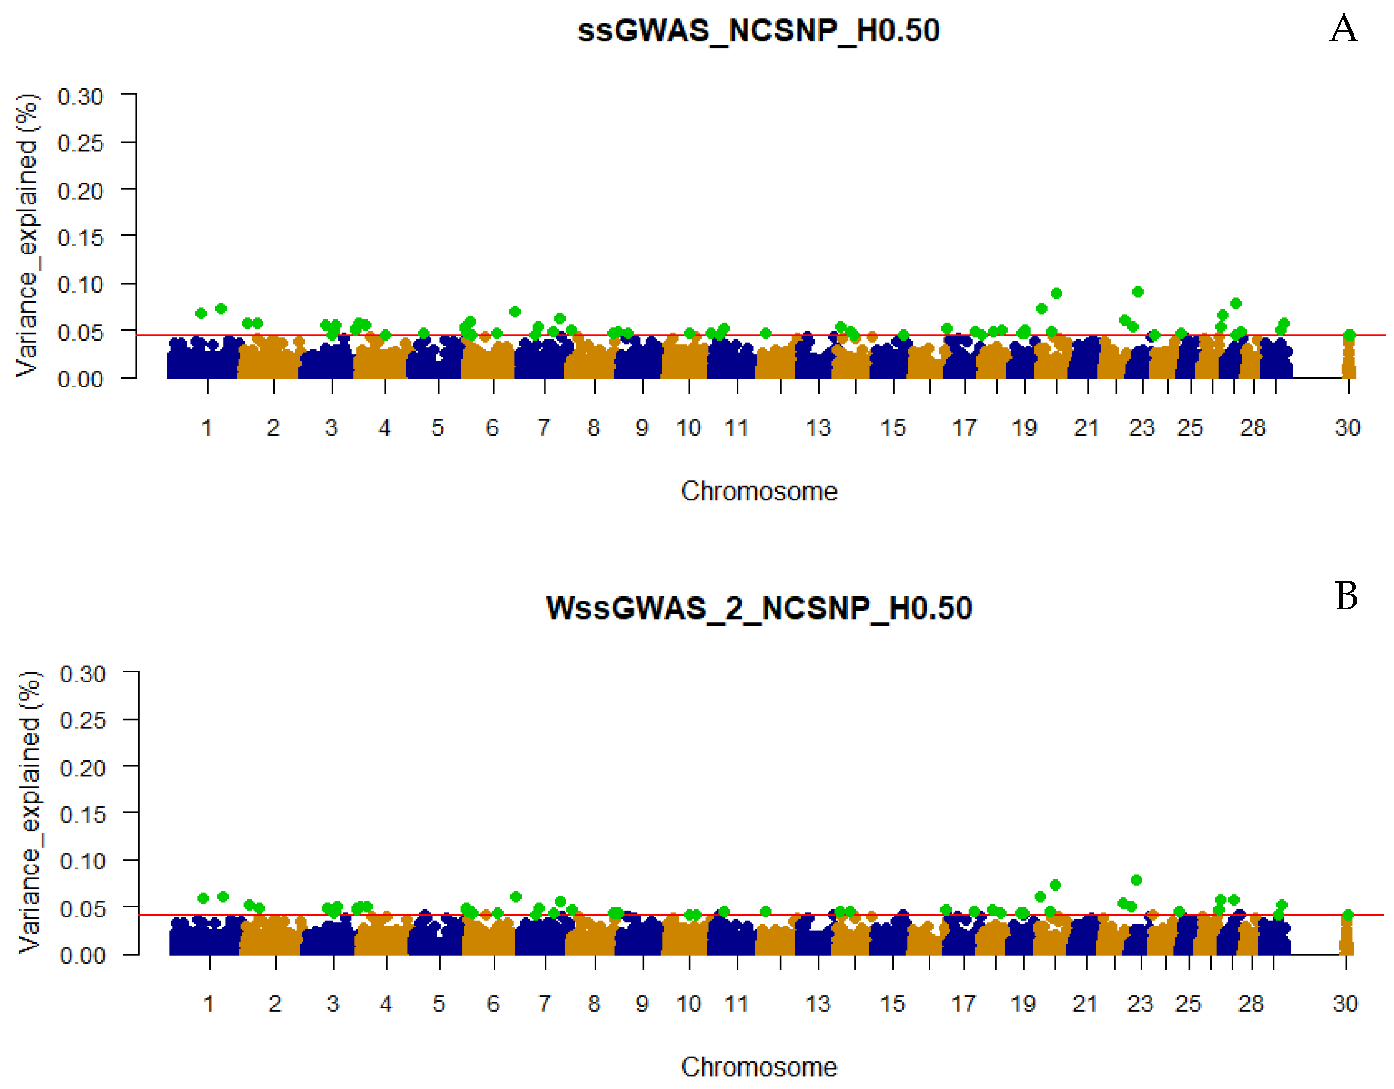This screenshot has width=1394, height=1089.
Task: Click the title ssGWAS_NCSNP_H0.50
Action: (x=758, y=31)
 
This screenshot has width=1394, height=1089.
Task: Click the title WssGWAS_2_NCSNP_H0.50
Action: (x=759, y=608)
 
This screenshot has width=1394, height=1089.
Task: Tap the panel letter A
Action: (x=1343, y=29)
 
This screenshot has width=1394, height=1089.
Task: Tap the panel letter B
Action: (x=1346, y=596)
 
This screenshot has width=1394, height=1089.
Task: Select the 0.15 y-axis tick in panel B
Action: (x=82, y=814)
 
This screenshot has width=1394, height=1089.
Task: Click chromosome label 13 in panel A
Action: (x=818, y=427)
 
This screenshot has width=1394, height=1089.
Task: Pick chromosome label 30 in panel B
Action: (x=1345, y=1004)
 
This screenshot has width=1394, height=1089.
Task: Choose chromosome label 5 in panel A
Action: (x=437, y=427)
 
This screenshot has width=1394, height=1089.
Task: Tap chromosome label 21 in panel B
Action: (x=1084, y=1004)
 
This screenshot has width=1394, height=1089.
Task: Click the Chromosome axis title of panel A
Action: (x=758, y=491)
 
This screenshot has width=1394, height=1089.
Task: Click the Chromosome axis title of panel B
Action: (x=758, y=1067)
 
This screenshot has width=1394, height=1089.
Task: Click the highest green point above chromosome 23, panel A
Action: (x=1137, y=292)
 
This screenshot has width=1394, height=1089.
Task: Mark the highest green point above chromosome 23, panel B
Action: (x=1135, y=880)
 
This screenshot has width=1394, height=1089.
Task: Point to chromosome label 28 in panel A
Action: (x=1253, y=427)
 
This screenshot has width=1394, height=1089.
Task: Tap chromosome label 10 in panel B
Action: (x=689, y=1004)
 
